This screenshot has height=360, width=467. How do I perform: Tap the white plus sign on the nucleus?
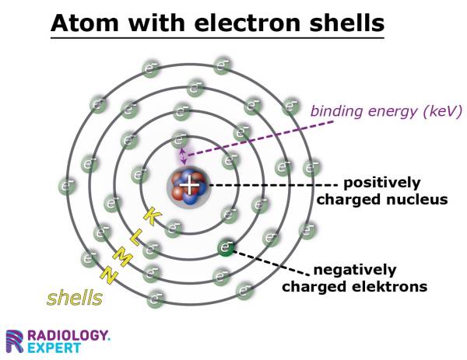pos(189,184)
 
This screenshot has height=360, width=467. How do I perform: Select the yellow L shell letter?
pos(134,237)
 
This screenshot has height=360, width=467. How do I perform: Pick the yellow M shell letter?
pos(121,256)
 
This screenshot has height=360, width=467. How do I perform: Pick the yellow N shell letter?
pos(107,274)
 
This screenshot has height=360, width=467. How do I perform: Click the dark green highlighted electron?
pos(226,248)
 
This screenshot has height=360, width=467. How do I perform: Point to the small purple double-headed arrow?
pos(184,156)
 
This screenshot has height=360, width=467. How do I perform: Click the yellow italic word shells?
pos(75,297)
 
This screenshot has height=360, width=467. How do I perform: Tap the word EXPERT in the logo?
pos(55,348)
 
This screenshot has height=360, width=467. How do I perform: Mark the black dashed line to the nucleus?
pos(272,185)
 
